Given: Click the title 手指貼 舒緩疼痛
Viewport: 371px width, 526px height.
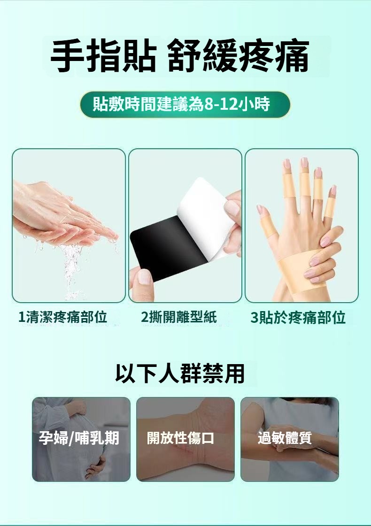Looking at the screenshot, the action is (180, 56).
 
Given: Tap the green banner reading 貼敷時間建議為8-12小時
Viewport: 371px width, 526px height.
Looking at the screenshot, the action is (185, 104).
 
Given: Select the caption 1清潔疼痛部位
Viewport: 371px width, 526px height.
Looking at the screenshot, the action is (62, 317).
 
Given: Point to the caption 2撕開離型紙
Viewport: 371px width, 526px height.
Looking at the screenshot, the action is (179, 317).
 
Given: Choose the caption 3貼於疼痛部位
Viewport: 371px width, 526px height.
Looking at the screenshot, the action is (298, 317).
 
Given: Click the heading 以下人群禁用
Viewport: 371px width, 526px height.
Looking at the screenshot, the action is (180, 373).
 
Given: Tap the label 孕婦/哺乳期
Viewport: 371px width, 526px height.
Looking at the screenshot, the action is (79, 438).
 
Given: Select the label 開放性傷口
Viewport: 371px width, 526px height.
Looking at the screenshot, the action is (181, 438).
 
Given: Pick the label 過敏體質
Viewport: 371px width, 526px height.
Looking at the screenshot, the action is (285, 438).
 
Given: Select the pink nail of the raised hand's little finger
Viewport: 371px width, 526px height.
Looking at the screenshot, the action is (333, 190).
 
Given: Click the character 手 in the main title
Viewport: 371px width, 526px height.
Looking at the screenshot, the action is (68, 56).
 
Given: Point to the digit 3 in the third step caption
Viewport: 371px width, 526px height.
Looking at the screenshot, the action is (254, 318).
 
